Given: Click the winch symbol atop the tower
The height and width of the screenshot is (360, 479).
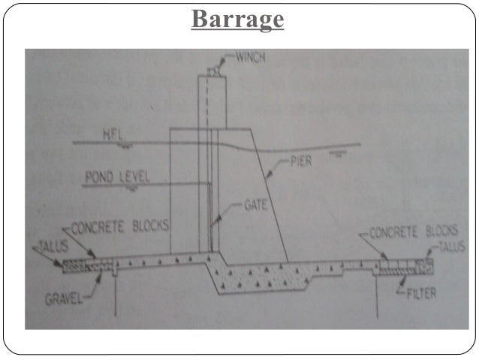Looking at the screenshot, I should (215, 68).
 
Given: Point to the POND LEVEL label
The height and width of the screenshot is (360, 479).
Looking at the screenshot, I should (118, 177).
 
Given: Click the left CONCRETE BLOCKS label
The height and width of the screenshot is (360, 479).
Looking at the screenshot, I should (123, 226).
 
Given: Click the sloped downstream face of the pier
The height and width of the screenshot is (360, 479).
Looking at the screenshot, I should (273, 195).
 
